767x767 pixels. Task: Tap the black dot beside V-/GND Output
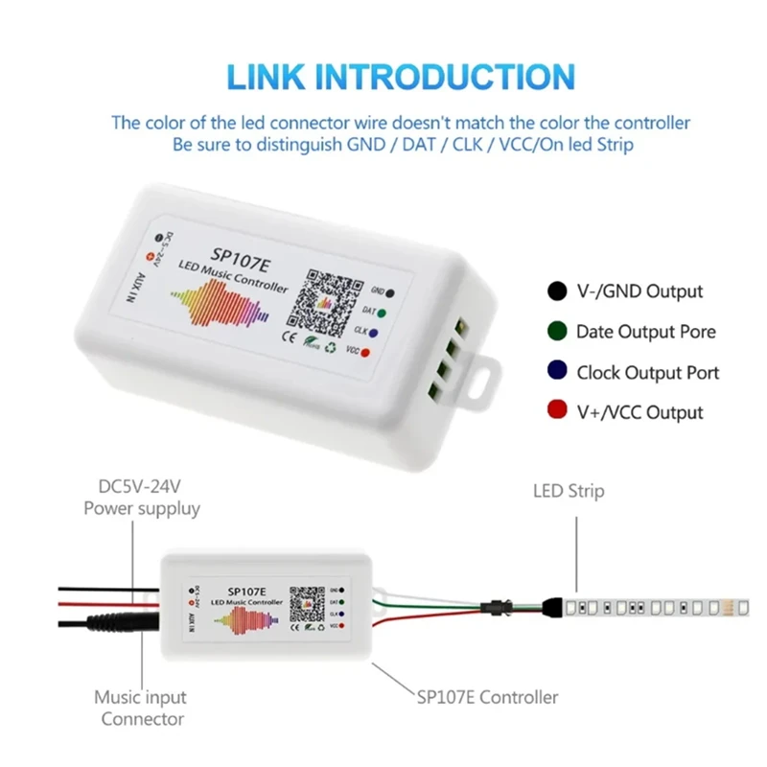(556, 291)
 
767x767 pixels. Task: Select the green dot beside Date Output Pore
(556, 332)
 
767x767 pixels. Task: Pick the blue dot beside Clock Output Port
(556, 372)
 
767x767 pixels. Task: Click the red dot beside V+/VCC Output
(556, 412)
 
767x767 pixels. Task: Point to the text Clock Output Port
(647, 372)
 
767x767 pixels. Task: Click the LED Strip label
(569, 491)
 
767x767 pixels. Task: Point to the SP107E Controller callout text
(488, 697)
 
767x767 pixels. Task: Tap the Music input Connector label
(140, 708)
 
